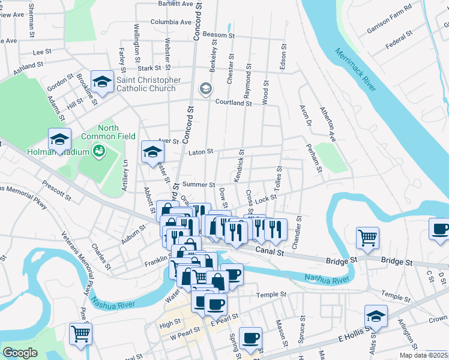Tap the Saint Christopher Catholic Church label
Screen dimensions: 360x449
pos(148,84)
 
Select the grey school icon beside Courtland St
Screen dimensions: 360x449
pos(206,90)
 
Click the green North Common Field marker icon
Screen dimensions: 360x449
pos(100,151)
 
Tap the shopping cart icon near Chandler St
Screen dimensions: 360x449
pos(367,236)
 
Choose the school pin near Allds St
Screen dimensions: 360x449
pos(376,316)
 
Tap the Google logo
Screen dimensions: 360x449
pos(20,352)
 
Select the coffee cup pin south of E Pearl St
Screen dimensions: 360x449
pos(250,338)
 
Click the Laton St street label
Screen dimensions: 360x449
pos(201,152)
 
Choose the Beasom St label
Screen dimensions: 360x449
pos(218,35)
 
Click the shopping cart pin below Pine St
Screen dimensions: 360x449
pos(80,333)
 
